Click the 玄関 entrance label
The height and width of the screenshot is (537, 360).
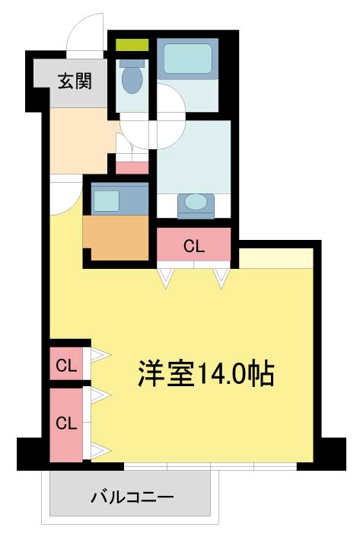pos(75,82)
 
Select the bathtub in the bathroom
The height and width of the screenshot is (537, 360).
pos(187,59)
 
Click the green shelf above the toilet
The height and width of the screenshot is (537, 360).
pos(132,45)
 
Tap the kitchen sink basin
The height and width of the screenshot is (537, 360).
pos(107,200)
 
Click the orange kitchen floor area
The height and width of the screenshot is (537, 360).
pos(116,238)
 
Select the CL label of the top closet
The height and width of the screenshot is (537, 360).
pos(194,245)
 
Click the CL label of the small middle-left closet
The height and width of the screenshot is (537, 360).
pos(66,366)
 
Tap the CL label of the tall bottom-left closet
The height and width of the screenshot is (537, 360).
pos(66,424)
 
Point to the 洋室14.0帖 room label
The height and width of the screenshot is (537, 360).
pos(206,374)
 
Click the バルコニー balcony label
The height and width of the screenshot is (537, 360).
pos(132,497)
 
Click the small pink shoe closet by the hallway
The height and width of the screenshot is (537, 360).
pos(132,168)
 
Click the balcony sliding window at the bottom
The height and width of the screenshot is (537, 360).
pos(210,466)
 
